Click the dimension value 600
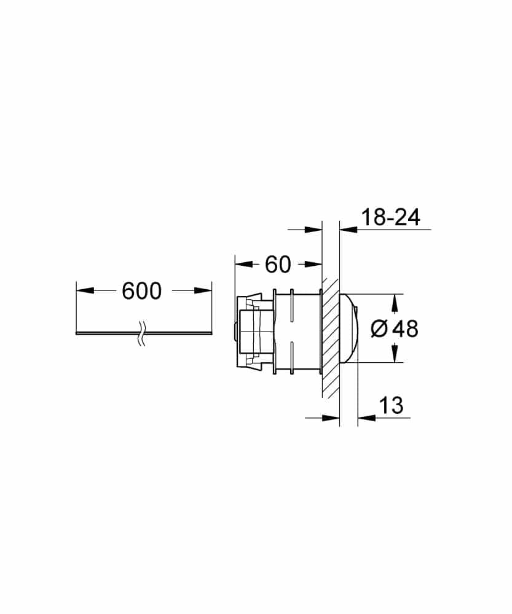(141, 291)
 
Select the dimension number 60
(277, 265)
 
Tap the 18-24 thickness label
(390, 217)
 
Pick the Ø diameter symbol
(380, 329)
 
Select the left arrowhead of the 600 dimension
(84, 291)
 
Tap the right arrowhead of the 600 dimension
(203, 291)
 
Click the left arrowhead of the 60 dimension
(243, 265)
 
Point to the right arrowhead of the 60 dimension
(314, 265)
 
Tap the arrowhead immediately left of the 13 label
(366, 418)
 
